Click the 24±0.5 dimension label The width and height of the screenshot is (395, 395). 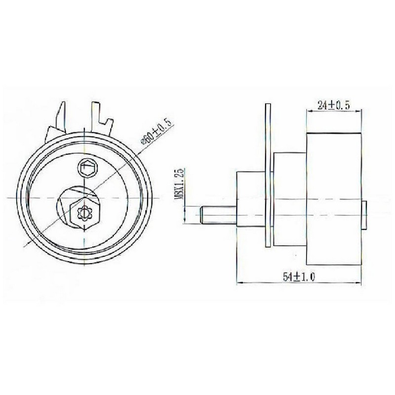[334, 105]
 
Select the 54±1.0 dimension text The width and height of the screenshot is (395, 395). [299, 277]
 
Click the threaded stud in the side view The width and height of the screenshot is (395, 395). [219, 215]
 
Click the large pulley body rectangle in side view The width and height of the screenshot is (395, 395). [334, 199]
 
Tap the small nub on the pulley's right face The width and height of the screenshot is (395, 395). [364, 215]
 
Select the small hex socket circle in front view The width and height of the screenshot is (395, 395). [87, 167]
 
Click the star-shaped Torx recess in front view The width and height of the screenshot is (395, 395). [84, 214]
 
